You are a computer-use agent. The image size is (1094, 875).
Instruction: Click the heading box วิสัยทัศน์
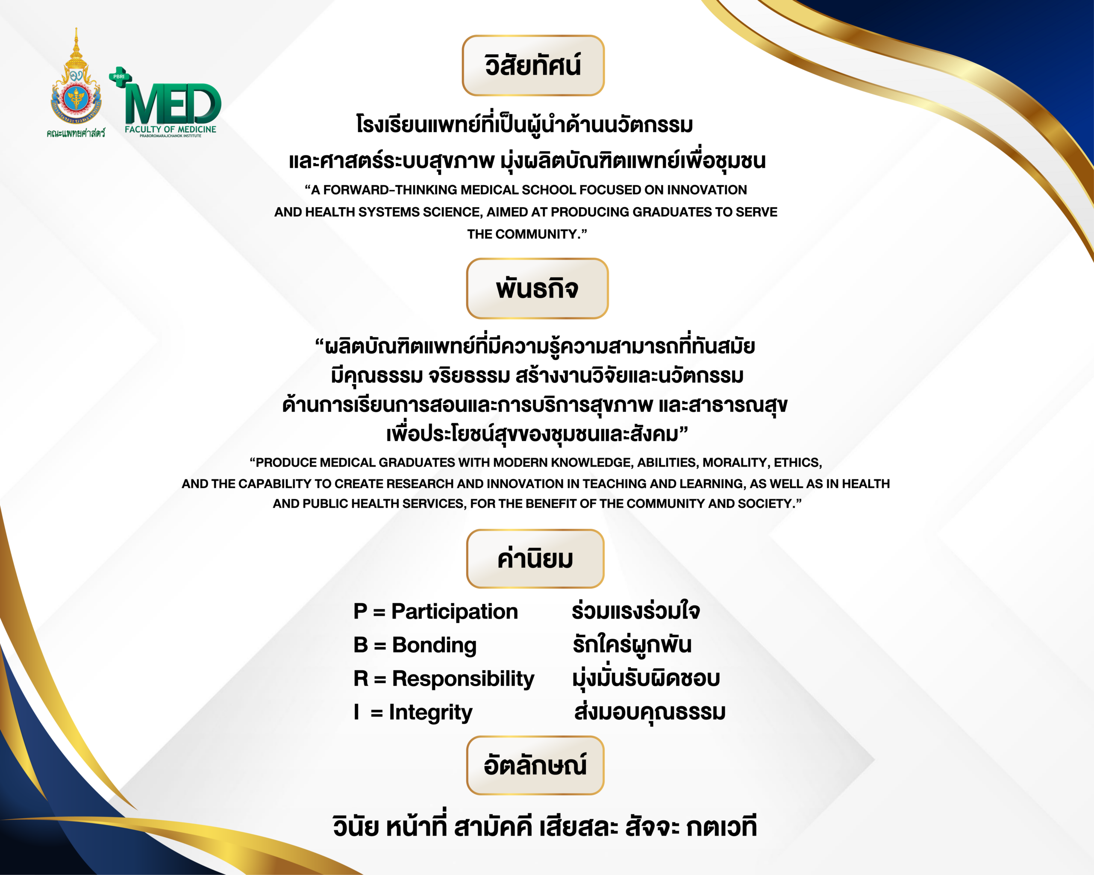[x=533, y=65]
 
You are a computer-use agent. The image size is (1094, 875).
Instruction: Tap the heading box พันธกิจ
[x=537, y=289]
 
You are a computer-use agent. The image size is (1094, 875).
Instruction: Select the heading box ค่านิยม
[x=535, y=558]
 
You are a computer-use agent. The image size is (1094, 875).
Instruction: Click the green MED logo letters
[x=173, y=104]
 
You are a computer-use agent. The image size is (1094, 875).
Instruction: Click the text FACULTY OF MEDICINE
[x=171, y=129]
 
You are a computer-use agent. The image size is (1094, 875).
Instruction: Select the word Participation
[x=455, y=612]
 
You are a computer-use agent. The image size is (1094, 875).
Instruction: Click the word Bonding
[x=434, y=645]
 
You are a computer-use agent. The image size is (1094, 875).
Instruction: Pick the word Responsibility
[x=463, y=679]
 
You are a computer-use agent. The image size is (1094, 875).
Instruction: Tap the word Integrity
[x=430, y=712]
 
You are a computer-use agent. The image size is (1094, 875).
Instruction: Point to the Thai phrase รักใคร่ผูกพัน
[x=632, y=644]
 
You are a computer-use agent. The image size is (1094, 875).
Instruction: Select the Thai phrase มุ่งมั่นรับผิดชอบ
[x=646, y=678]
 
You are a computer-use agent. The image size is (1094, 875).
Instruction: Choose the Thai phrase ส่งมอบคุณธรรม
[x=650, y=711]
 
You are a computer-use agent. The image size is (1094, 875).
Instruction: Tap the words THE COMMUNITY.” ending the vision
[x=527, y=235]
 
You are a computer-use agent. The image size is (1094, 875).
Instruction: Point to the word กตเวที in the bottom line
[x=721, y=827]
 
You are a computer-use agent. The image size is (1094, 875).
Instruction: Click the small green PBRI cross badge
[x=120, y=76]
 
